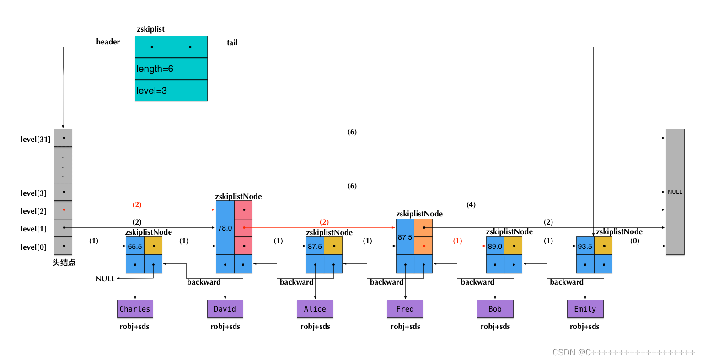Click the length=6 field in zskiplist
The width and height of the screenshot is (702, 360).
tap(171, 69)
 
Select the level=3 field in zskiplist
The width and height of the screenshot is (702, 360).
tap(171, 91)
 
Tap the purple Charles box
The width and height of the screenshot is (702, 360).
tap(135, 309)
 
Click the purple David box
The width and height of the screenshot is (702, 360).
tap(225, 309)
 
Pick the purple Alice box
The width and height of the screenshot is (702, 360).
tap(315, 309)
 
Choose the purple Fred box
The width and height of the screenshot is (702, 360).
tap(405, 309)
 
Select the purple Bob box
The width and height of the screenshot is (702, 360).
tap(495, 309)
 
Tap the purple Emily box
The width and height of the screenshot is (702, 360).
tap(585, 309)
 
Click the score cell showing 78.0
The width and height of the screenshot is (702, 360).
tap(225, 228)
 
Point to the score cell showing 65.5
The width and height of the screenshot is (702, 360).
tap(135, 246)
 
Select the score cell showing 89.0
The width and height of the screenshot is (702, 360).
tap(495, 246)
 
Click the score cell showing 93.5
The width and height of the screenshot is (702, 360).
tap(585, 246)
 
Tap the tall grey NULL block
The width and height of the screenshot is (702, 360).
tap(675, 192)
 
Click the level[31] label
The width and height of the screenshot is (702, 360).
tap(36, 139)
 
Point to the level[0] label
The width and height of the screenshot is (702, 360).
tap(33, 247)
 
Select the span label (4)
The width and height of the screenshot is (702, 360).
tap(471, 204)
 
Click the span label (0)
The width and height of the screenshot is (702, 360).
tap(635, 241)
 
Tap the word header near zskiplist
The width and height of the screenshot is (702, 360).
tap(108, 42)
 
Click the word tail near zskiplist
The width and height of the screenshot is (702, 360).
tap(232, 43)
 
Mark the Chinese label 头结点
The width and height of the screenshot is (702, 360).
tap(64, 263)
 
